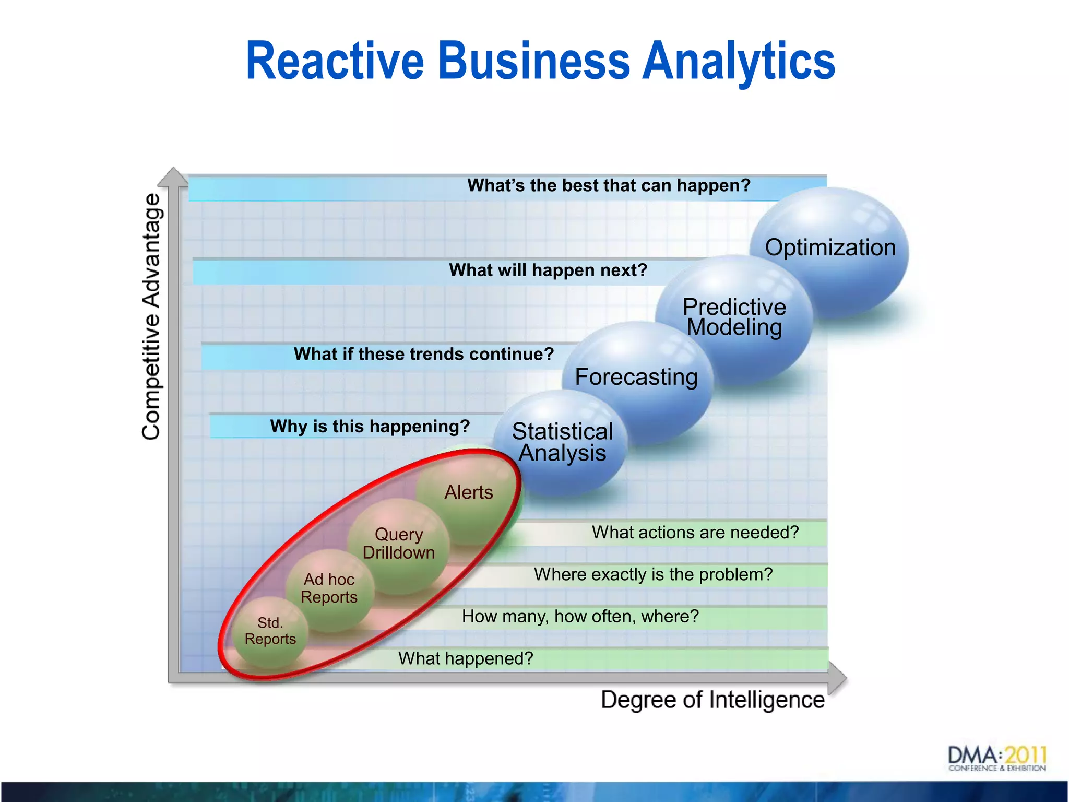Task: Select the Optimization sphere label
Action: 830,247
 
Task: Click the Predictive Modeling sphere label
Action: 734,317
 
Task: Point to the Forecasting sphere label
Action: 636,377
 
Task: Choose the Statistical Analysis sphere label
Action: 562,442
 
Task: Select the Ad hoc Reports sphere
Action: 329,588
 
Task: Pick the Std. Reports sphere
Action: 270,631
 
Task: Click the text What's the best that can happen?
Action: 609,185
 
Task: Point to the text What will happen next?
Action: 548,270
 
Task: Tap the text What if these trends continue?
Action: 423,354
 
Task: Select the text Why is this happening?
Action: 370,426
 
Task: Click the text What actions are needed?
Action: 695,532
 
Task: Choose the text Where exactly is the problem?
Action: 653,574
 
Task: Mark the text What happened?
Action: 466,658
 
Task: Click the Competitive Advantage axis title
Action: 151,316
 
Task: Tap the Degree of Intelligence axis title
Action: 712,700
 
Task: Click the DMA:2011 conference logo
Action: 996,759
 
